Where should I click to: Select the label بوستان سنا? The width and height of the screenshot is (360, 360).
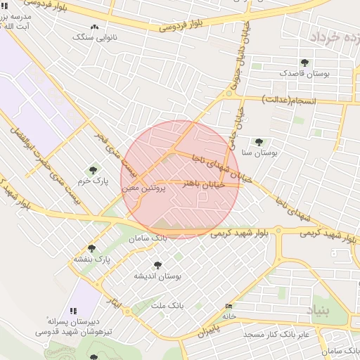coord(259,152)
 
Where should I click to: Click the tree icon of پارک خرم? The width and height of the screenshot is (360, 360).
coord(93,170)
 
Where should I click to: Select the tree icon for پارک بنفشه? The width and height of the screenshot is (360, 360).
coord(91,248)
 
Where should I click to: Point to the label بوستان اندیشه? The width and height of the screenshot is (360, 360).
coord(157,276)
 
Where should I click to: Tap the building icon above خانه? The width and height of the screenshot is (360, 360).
coord(228,306)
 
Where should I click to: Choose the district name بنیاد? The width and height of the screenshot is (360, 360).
coord(317,309)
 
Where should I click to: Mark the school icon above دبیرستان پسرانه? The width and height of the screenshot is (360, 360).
coord(73,310)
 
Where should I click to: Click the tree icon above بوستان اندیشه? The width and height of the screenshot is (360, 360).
coord(157,265)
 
